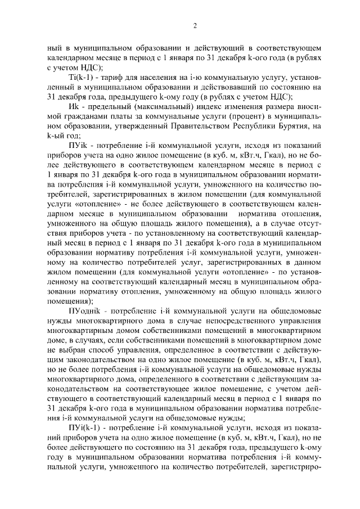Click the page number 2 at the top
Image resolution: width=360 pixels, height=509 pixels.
194,25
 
